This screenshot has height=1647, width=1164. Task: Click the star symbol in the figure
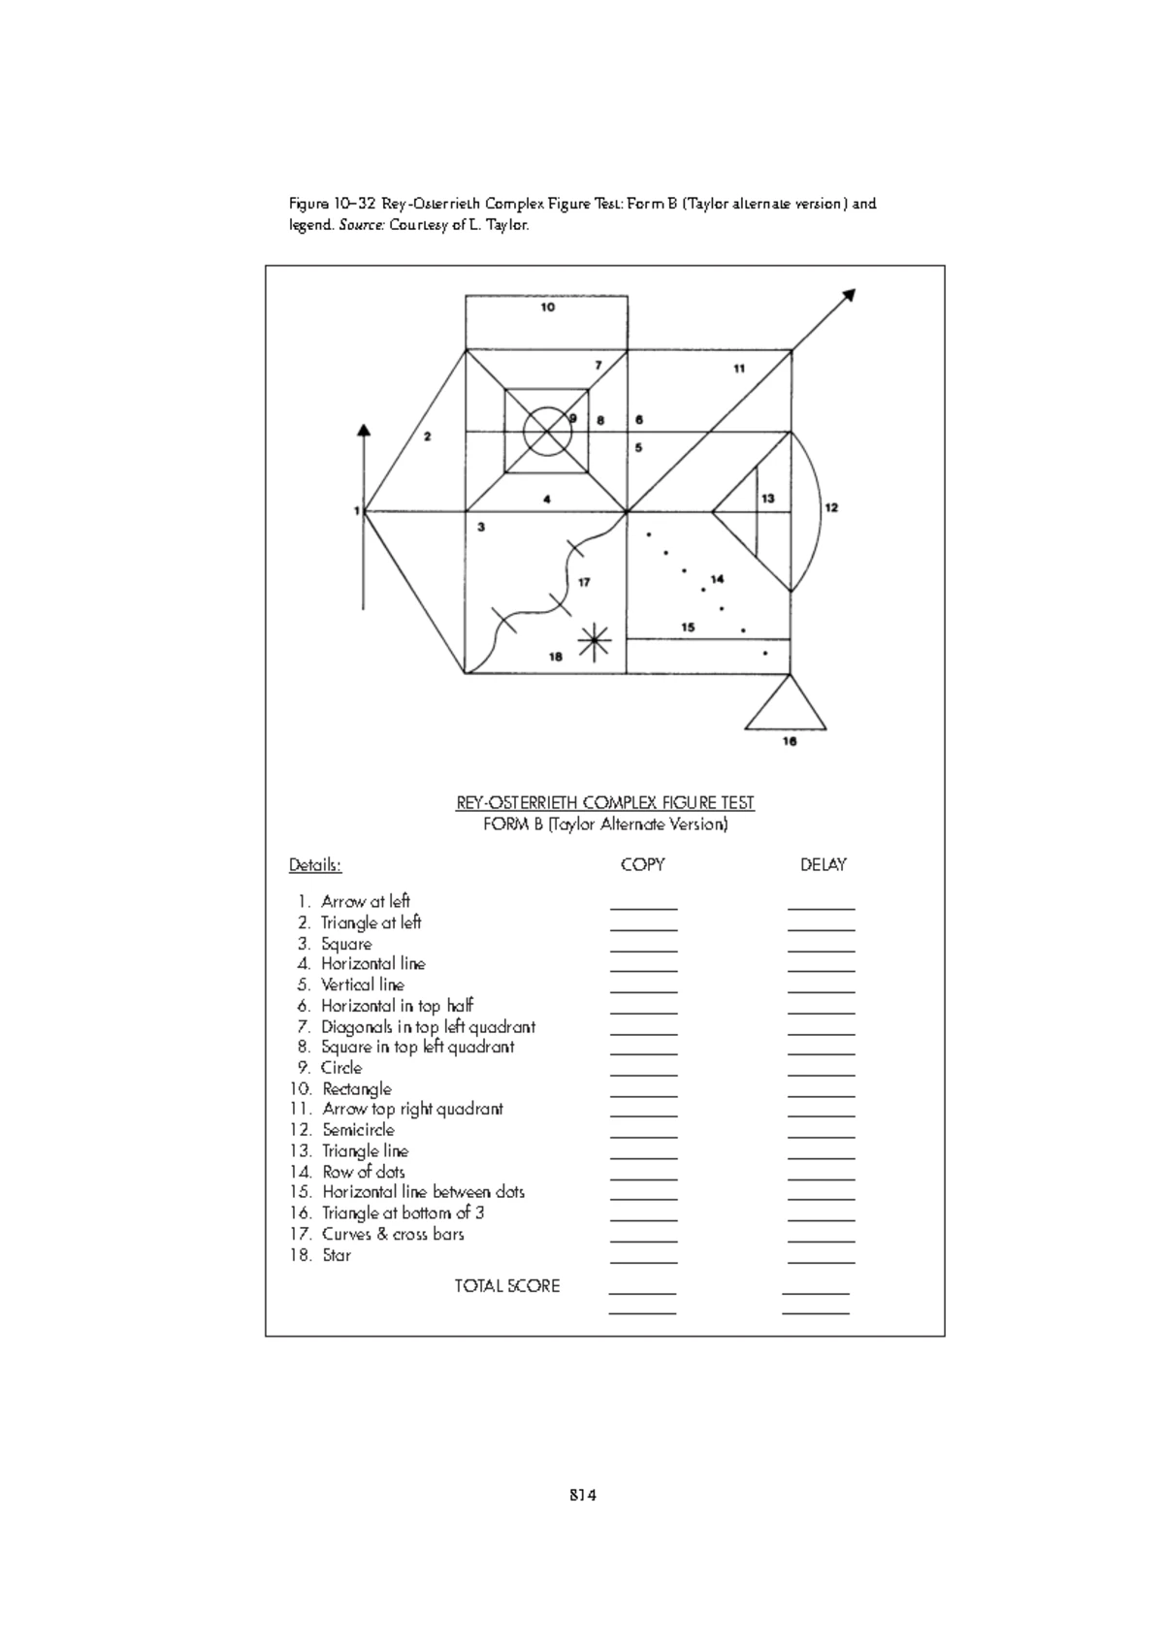[x=595, y=641]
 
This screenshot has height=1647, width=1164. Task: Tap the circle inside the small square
[x=546, y=432]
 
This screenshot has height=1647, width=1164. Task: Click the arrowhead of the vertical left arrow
[x=364, y=432]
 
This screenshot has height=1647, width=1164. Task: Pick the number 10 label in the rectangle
[x=548, y=307]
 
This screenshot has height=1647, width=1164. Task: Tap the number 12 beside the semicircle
[x=831, y=507]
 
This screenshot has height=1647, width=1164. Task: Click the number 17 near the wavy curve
[x=584, y=582]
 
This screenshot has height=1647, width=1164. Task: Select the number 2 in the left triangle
[x=428, y=436]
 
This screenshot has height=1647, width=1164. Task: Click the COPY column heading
[x=642, y=864]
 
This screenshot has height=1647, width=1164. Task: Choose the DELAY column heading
[x=823, y=864]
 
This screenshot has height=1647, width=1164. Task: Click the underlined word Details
[x=315, y=864]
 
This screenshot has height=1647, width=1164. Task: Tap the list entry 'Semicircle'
[x=358, y=1130]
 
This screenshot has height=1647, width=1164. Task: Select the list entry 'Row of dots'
[x=363, y=1172]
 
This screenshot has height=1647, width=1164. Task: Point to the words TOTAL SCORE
[x=507, y=1286]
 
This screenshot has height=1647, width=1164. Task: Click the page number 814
[x=582, y=1495]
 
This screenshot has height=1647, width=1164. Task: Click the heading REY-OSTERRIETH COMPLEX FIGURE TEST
[x=605, y=803]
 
